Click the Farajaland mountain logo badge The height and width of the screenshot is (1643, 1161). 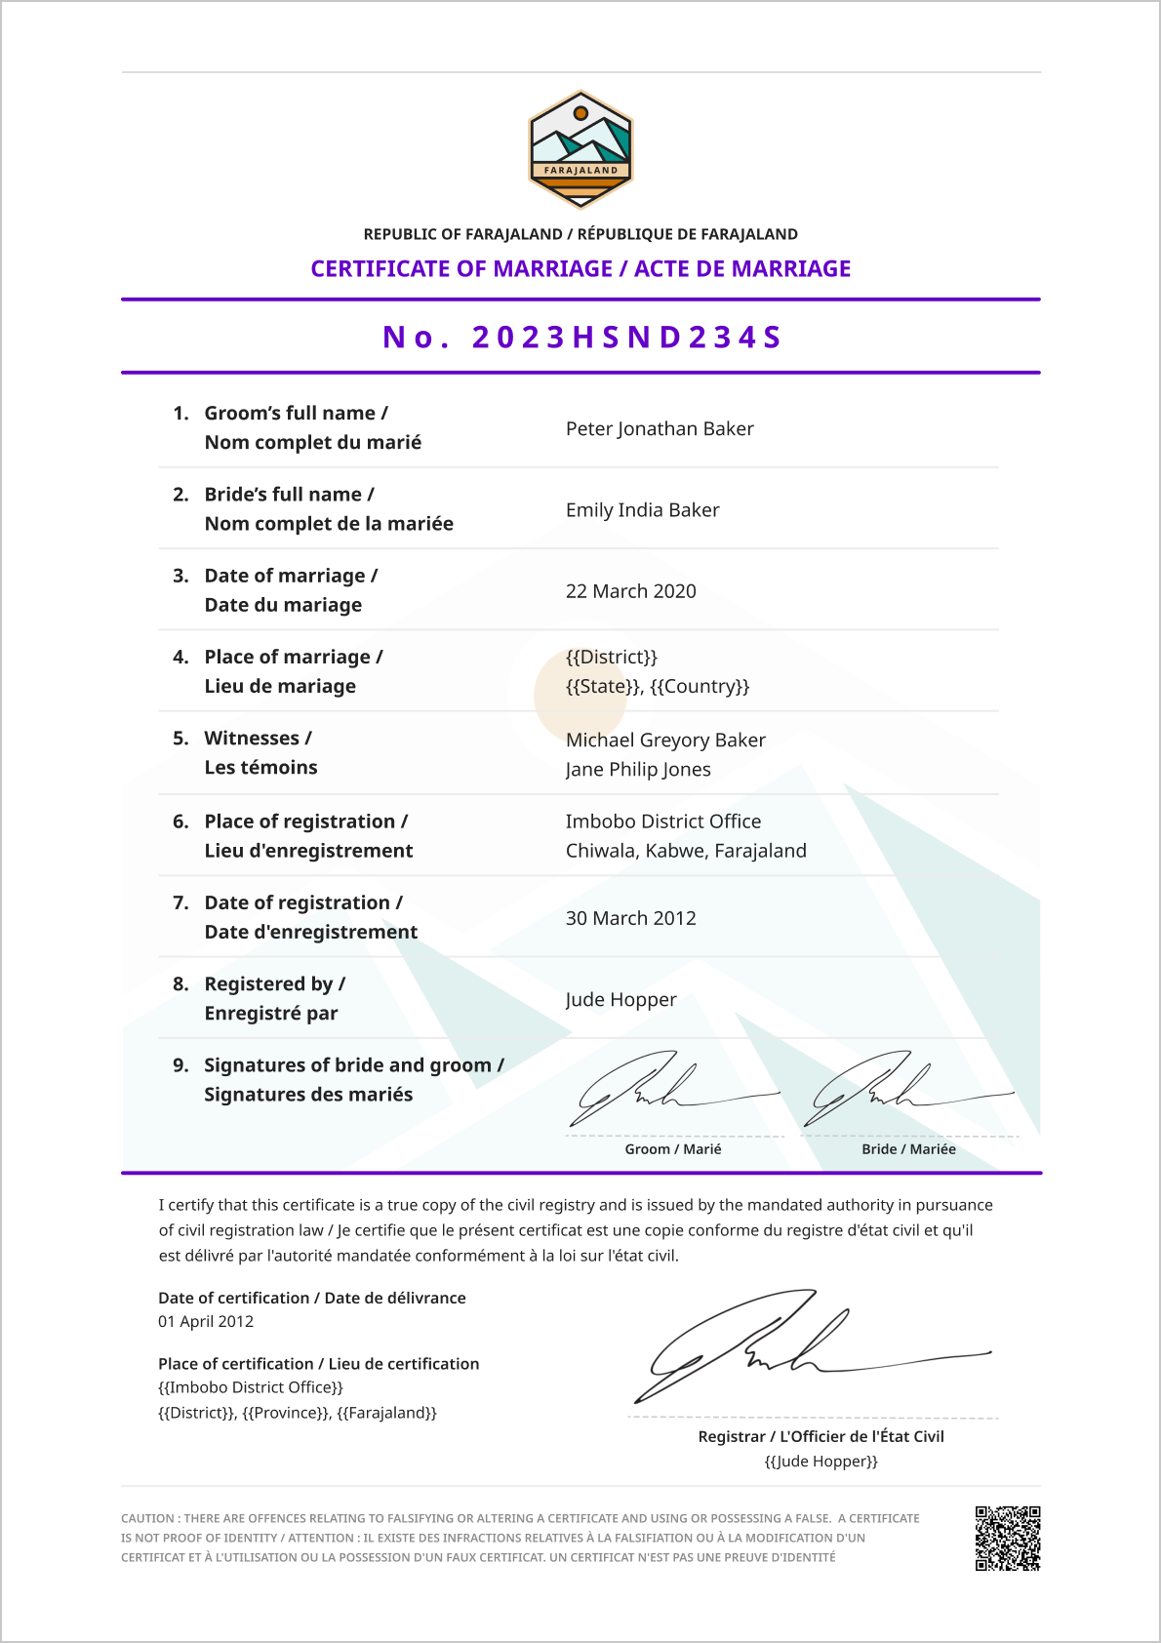point(580,149)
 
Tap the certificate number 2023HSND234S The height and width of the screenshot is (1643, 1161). point(582,337)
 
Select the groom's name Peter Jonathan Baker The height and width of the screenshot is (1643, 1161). point(660,428)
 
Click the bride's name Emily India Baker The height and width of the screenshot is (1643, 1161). point(642,509)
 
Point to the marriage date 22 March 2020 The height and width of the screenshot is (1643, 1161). point(630,591)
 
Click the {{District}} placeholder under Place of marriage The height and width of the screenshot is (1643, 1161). point(612,657)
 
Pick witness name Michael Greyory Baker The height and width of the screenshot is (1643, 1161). point(665,740)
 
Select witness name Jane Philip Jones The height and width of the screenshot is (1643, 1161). point(638,769)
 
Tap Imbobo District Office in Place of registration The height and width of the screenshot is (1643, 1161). point(662,821)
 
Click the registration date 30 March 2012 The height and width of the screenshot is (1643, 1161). point(630,918)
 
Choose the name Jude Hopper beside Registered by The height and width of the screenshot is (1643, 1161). point(621,999)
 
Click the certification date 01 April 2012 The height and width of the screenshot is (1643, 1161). point(206,1322)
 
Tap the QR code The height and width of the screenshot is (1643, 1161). point(1007,1539)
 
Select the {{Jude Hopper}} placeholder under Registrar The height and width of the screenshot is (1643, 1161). point(821,1462)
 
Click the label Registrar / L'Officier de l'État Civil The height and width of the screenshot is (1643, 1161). point(821,1436)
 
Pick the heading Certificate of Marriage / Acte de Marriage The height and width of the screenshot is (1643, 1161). point(580,268)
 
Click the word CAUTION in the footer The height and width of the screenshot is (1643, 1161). point(147,1518)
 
